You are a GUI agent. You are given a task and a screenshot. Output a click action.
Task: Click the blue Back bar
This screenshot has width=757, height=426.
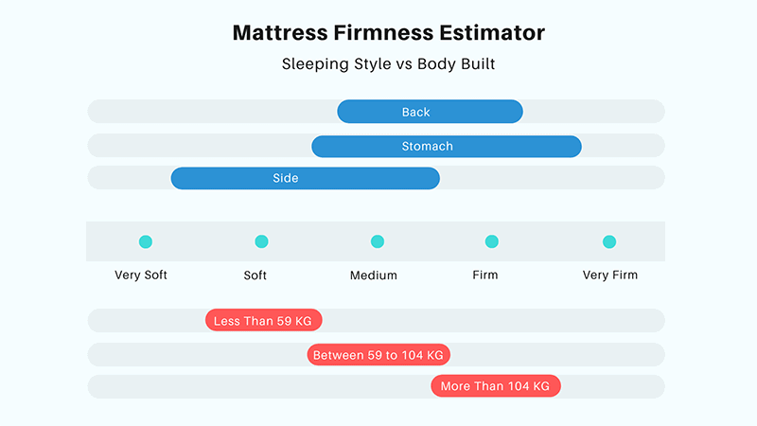coord(430,112)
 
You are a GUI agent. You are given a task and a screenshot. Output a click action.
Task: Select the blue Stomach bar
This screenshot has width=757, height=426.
coord(447,147)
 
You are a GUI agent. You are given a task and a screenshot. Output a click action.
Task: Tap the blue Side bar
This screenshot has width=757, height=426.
coord(305,178)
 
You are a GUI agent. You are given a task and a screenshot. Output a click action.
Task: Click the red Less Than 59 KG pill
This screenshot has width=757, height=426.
coord(264,320)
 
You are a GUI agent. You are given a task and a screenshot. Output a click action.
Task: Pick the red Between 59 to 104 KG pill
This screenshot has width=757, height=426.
coord(378,355)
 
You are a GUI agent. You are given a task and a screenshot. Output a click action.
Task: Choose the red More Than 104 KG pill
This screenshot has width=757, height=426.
coord(496,386)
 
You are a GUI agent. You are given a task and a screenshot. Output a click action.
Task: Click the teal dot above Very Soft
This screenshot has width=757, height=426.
coord(146,241)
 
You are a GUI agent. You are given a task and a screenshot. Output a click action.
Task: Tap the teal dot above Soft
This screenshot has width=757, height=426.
coord(261,241)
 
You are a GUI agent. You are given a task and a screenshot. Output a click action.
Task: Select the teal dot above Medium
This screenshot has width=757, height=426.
coord(377,241)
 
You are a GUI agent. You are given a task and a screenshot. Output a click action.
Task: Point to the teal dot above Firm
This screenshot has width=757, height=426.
coord(491,241)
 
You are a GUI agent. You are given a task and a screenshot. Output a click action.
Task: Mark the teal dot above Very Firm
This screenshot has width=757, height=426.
coord(609,241)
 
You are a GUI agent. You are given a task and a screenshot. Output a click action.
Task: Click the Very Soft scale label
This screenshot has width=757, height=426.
coord(141,275)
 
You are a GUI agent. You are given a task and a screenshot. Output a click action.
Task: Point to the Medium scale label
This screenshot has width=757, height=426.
coord(374,275)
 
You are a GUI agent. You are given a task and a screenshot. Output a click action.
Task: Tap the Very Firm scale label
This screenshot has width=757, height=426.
coord(610,275)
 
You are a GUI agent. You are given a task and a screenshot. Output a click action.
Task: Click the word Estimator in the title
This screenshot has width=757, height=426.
coord(492,33)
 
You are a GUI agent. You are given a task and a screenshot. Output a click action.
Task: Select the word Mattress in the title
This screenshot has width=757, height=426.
coord(280,33)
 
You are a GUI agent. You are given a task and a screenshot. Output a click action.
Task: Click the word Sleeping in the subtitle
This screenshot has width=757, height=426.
coord(316,64)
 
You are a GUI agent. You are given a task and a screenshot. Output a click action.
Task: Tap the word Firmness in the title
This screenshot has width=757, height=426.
coord(383,33)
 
